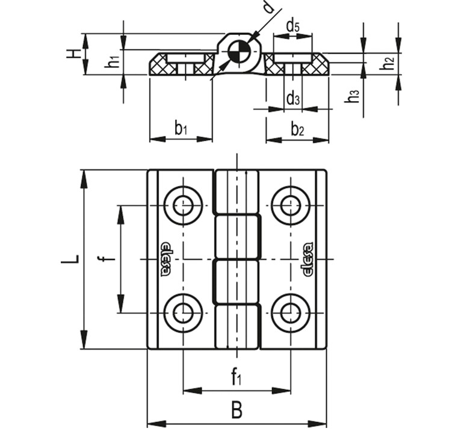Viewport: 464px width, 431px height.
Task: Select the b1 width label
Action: [181, 128]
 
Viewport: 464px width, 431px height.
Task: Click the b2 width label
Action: [297, 128]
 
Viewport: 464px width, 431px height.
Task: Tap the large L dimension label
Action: [70, 259]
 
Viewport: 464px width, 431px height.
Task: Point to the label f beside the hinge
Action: [108, 259]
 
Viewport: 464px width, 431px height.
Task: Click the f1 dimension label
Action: [236, 377]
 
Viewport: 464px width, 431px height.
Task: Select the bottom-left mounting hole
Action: [183, 312]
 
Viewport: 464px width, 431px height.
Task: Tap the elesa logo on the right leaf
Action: [308, 259]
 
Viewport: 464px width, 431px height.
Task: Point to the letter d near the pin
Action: [269, 8]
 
